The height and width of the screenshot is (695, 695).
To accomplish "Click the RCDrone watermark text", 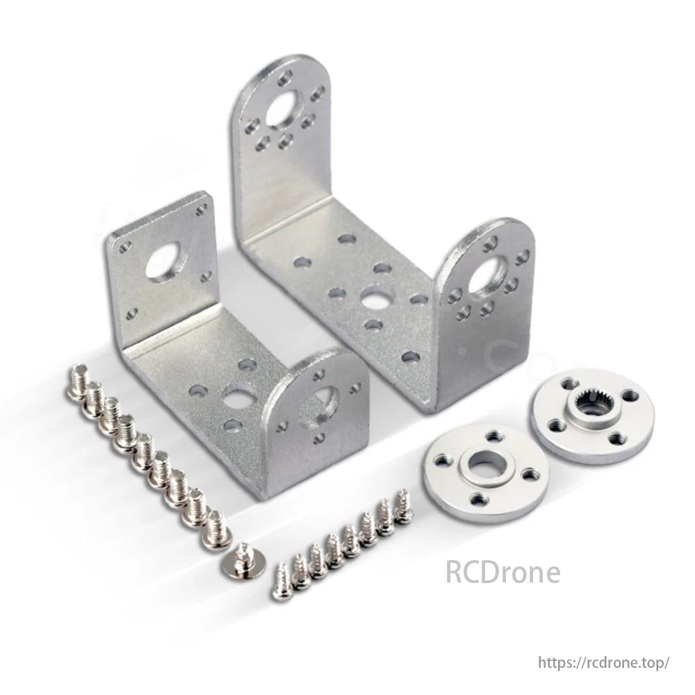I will (502, 573).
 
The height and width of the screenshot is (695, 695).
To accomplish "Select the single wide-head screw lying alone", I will (243, 562).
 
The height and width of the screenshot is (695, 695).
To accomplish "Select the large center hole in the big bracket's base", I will (375, 297).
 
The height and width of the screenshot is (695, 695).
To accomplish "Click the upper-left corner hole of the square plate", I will (126, 245).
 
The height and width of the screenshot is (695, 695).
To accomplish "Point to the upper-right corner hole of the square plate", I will (201, 210).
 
